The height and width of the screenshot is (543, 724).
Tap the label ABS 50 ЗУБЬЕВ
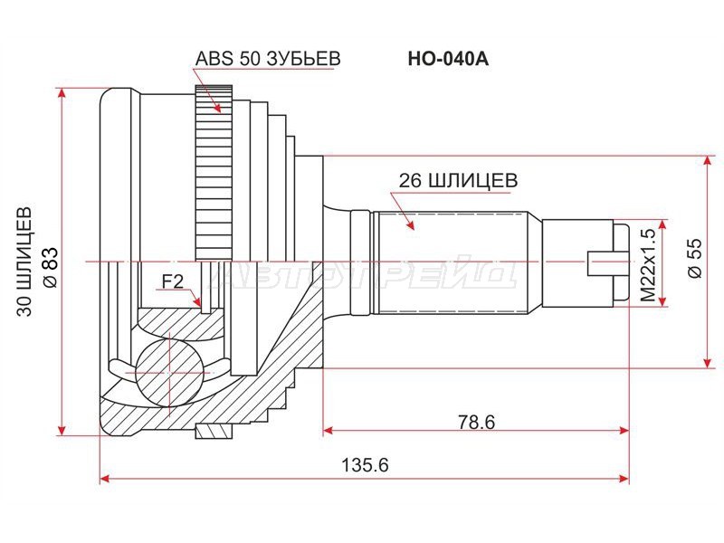[x=267, y=59]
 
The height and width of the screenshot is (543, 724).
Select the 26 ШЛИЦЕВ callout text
[x=458, y=181]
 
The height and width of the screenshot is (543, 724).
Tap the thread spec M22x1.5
[x=647, y=265]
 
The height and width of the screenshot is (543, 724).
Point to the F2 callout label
[x=172, y=282]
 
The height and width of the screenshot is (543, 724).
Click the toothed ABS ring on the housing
[x=208, y=172]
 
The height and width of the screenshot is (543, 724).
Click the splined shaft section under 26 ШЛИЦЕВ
[x=452, y=262]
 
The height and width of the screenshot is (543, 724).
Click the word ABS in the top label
[x=210, y=59]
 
